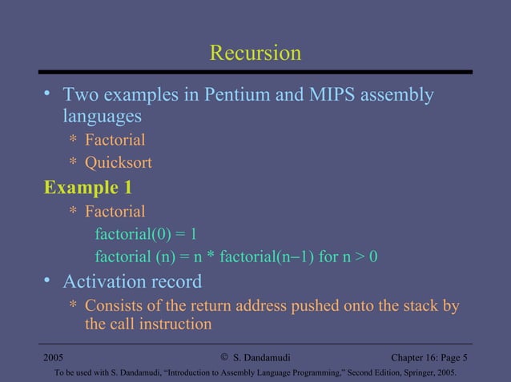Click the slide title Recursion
(x=255, y=54)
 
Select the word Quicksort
(x=119, y=164)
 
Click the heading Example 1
(x=88, y=189)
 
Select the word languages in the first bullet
(x=103, y=117)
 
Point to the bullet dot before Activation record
(x=48, y=281)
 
